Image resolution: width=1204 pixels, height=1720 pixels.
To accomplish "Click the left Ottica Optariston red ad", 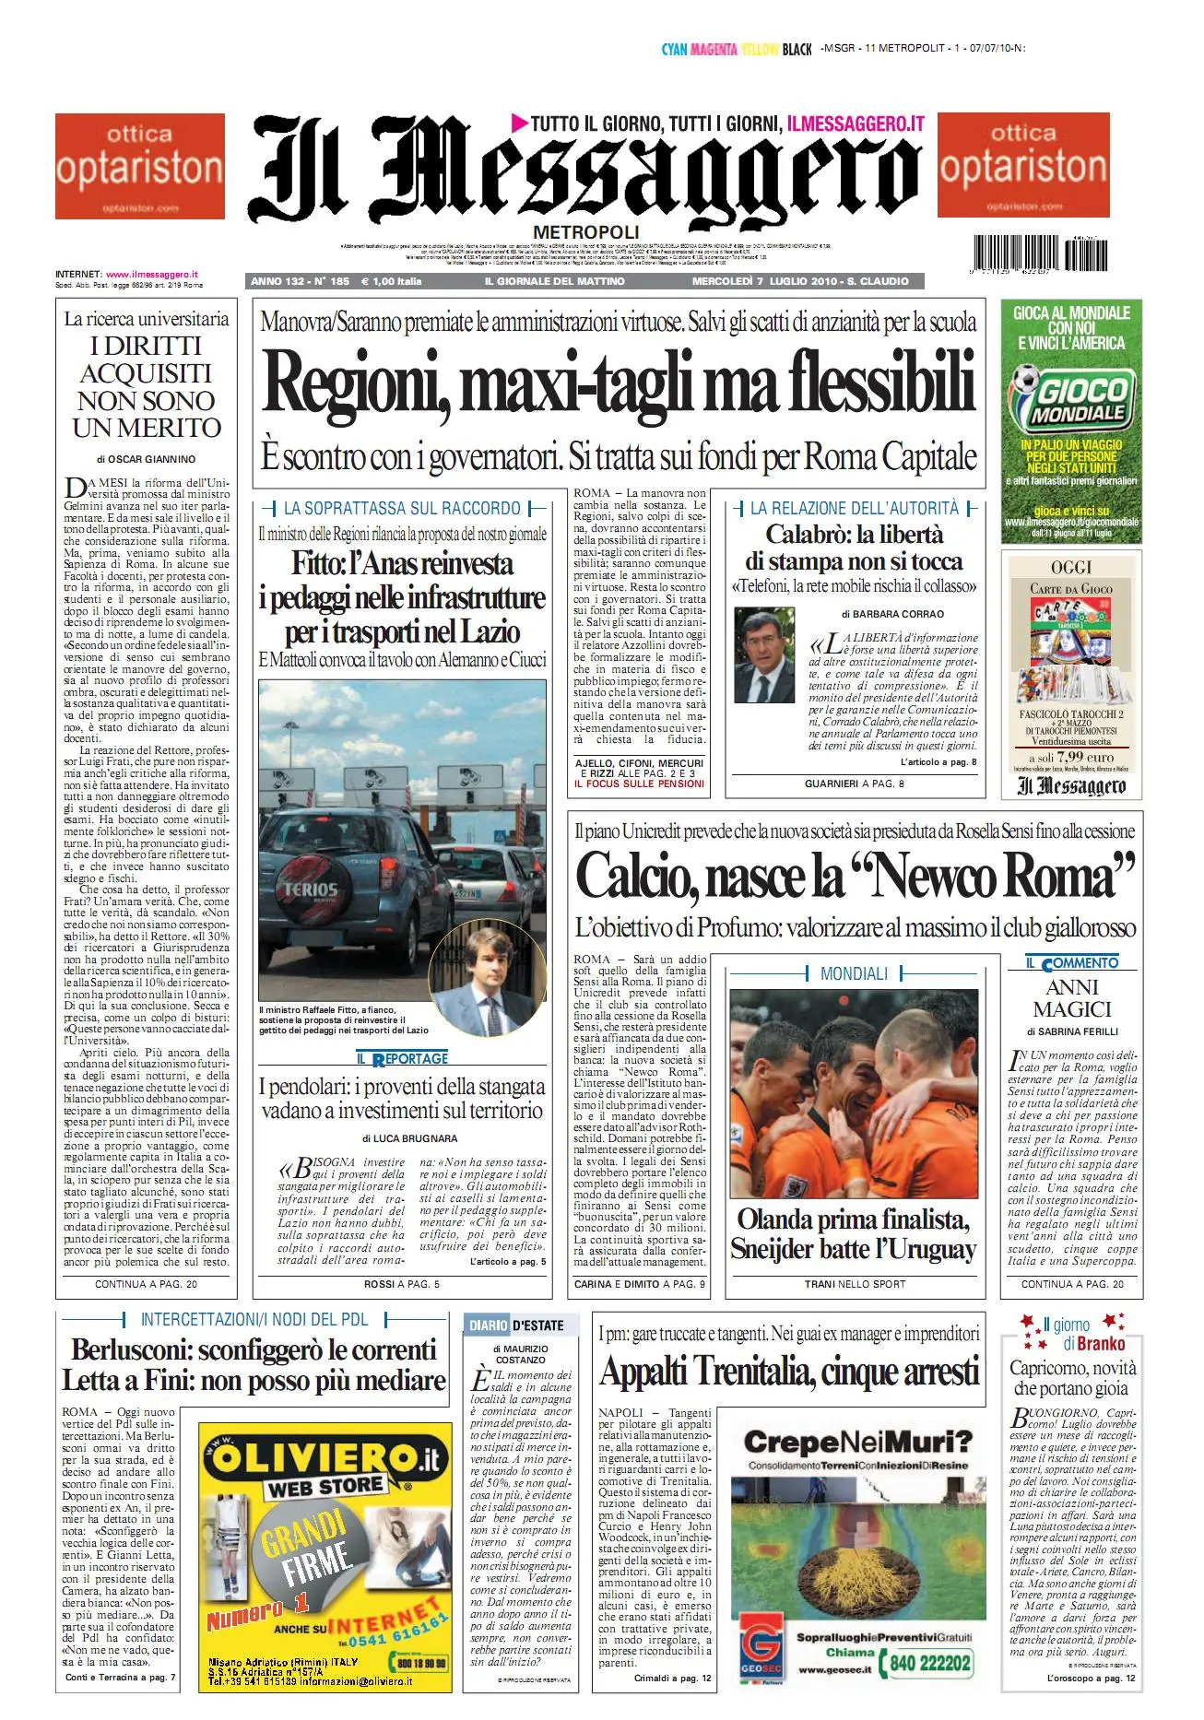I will tap(140, 166).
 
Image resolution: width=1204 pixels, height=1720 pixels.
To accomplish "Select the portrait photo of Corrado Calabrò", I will tap(764, 655).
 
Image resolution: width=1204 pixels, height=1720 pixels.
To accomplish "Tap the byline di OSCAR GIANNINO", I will tap(146, 459).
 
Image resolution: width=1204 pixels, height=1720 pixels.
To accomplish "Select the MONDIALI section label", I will tap(854, 973).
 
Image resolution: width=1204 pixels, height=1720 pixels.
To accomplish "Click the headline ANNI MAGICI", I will tap(1072, 998).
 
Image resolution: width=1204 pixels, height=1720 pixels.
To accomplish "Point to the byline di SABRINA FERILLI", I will tap(1072, 1032).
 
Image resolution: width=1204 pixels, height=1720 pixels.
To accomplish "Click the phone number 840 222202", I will tap(930, 1662).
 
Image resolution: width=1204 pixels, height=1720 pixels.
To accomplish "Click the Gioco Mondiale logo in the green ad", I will tap(1071, 397).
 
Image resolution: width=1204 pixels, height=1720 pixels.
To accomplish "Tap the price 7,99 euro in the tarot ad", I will tap(1072, 756).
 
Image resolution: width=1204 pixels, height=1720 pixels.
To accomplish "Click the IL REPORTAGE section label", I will tap(403, 1058).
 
